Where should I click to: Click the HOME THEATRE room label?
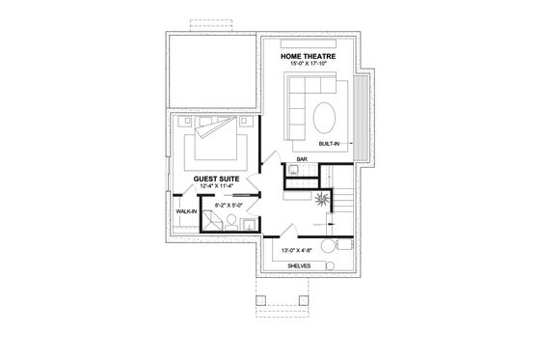[310, 57]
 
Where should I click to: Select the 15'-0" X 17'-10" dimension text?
[310, 65]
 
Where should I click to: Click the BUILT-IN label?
[340, 143]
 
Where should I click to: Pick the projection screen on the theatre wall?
[310, 43]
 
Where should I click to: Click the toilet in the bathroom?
[249, 226]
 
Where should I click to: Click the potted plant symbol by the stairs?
[319, 197]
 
